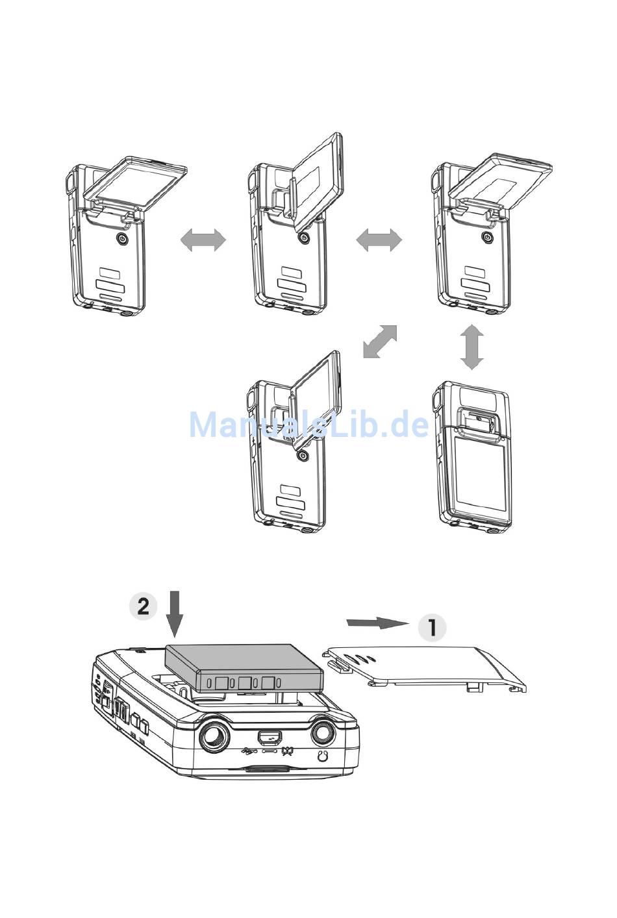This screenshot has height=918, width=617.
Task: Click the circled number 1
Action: click(432, 628)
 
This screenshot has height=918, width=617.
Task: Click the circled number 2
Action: click(142, 606)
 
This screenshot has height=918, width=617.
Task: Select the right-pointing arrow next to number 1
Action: click(377, 623)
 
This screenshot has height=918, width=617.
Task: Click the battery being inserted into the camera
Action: click(244, 667)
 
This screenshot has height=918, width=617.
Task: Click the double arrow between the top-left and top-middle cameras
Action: click(203, 241)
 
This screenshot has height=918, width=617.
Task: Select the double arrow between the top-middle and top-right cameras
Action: click(379, 241)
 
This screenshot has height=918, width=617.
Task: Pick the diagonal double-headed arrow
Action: click(380, 341)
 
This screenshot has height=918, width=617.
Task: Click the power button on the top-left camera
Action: click(121, 239)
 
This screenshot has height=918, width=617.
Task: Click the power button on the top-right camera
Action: click(487, 239)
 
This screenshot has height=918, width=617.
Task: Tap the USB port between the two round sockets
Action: click(268, 737)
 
